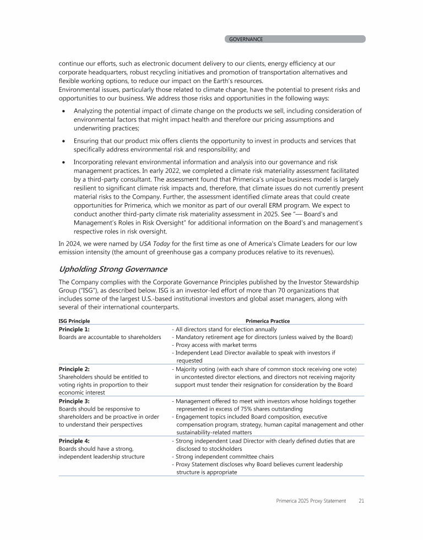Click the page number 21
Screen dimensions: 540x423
click(361, 500)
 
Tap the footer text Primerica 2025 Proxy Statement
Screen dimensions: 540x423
click(311, 500)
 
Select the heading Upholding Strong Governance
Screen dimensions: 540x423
click(113, 269)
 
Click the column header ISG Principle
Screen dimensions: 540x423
click(74, 321)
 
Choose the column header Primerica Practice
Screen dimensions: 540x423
click(268, 321)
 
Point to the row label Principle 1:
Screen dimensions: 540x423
click(74, 329)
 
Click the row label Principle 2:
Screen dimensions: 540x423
click(74, 369)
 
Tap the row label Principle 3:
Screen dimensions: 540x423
click(74, 401)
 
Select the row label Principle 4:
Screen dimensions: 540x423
click(74, 441)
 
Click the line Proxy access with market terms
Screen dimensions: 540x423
click(208, 345)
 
